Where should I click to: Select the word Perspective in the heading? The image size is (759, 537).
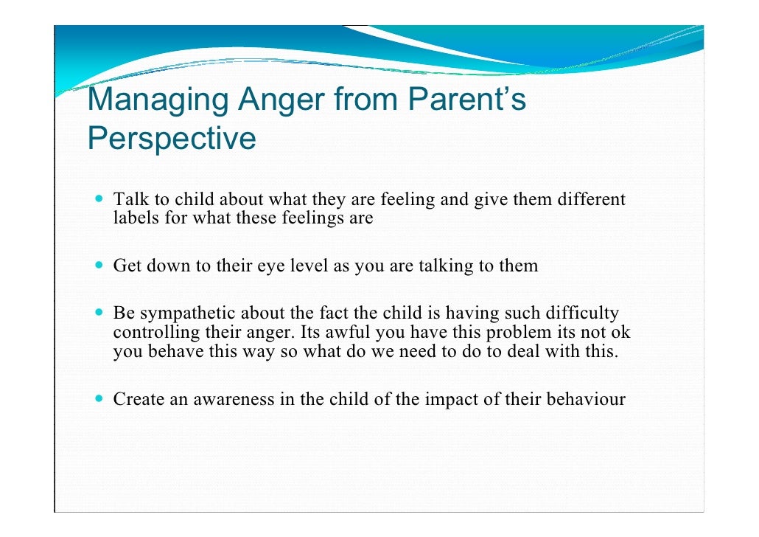click(x=172, y=138)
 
